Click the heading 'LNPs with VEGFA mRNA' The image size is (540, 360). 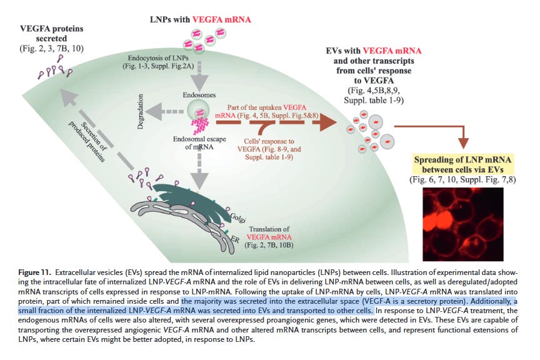point(201,19)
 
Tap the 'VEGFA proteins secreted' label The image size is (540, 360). point(52,33)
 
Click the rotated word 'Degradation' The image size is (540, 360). point(140,112)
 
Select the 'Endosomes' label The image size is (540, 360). point(199,95)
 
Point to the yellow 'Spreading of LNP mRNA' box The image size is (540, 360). point(463,164)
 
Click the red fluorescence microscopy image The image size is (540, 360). point(463,224)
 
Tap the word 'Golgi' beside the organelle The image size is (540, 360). point(237,217)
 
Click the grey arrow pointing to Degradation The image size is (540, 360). point(164,112)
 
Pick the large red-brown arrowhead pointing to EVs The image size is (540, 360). point(328,122)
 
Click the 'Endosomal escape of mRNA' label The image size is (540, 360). point(199,143)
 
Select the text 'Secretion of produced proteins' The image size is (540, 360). point(90,141)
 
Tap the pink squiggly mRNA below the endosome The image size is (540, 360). point(201,126)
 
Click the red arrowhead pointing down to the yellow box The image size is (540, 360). point(464,143)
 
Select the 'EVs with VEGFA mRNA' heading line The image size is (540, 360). point(374,51)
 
